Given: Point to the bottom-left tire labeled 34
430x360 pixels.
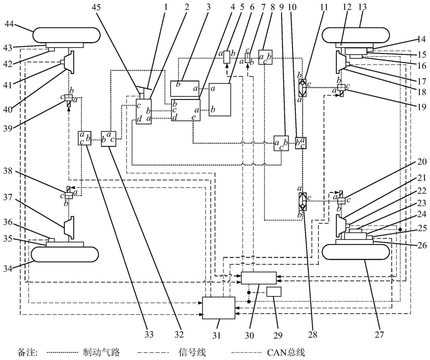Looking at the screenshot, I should (65, 254).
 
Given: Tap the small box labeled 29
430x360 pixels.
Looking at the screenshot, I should (274, 292).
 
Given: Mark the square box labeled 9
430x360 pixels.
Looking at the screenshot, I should (281, 143).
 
